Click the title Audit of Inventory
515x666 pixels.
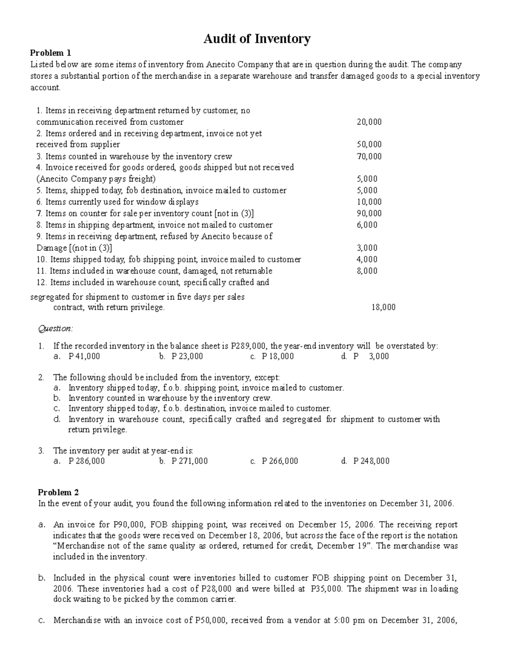(x=257, y=39)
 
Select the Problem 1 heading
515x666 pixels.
(x=50, y=53)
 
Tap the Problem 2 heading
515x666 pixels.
(x=58, y=492)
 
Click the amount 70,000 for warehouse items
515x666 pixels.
(x=369, y=156)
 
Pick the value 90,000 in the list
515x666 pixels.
(x=369, y=213)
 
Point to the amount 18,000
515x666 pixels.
(x=383, y=307)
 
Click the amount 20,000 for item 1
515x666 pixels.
(x=369, y=122)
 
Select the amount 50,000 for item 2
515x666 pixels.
(x=369, y=145)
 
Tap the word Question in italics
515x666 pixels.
(x=56, y=328)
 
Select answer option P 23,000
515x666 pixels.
(x=187, y=356)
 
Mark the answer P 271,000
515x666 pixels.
(x=189, y=461)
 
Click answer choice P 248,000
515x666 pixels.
(x=371, y=461)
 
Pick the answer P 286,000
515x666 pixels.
(x=86, y=461)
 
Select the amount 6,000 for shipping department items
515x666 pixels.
(x=367, y=225)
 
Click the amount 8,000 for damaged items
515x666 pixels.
(x=367, y=271)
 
